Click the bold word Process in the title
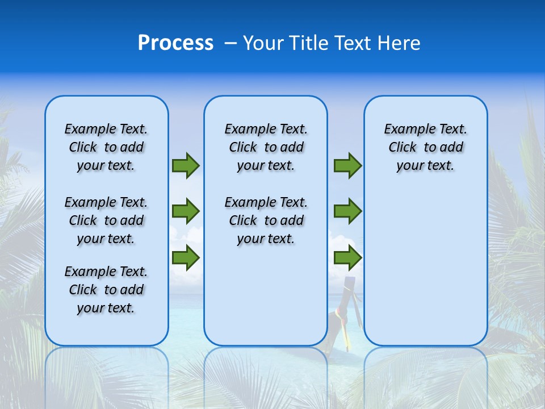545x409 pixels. coord(175,43)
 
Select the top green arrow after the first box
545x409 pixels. coord(186,166)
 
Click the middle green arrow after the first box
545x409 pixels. coord(186,211)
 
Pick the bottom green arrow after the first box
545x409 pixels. coord(186,258)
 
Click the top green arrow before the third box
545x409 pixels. coord(347,166)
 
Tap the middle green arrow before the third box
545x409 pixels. coord(347,211)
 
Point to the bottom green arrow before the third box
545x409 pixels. coord(347,258)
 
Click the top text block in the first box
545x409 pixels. coord(106,147)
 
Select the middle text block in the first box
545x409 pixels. coord(106,220)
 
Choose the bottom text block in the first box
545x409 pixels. coord(106,290)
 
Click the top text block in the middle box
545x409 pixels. coord(266,147)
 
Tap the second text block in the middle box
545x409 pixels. coord(266,220)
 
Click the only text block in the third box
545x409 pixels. coord(426,147)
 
